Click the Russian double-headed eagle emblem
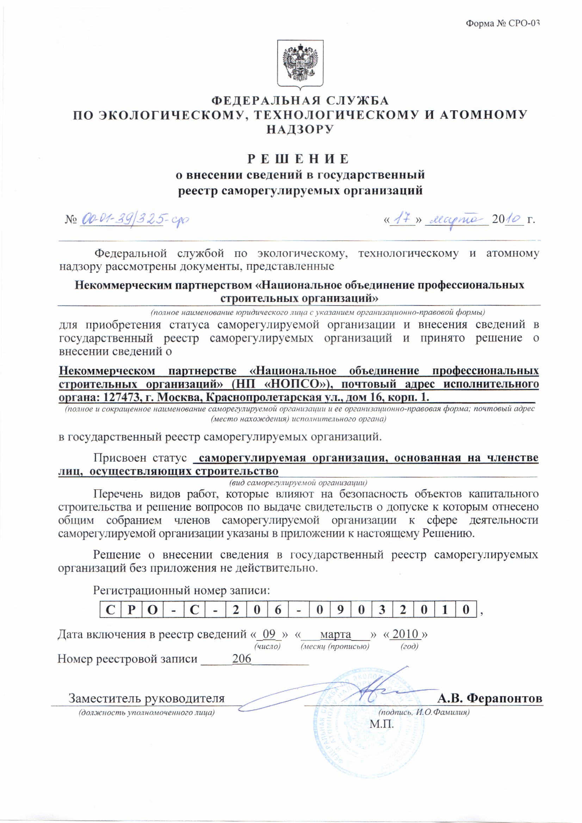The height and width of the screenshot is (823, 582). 300,63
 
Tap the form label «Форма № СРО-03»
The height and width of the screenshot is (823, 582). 502,24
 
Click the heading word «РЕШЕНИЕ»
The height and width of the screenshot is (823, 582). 298,159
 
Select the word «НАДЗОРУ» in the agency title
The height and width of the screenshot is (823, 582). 300,130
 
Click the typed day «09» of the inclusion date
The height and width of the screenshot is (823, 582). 269,634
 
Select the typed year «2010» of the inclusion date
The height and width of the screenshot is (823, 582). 405,634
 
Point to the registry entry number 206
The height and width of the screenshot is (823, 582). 241,659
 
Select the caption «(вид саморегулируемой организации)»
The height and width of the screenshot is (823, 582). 298,483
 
